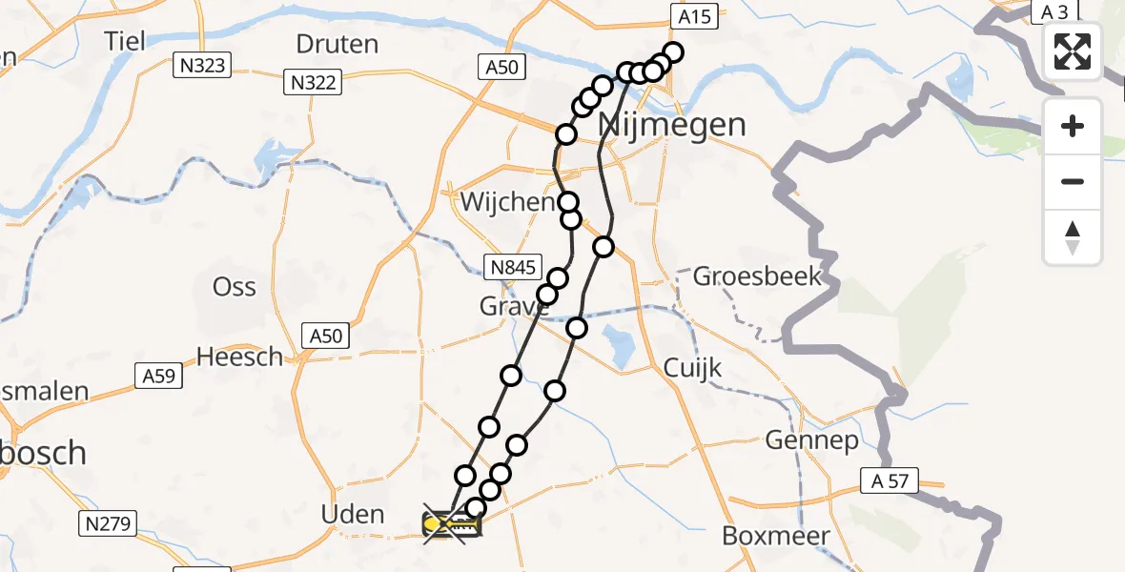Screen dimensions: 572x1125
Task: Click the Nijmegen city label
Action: click(x=672, y=125)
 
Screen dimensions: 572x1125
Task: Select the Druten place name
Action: click(x=337, y=44)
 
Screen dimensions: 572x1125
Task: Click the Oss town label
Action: click(x=234, y=286)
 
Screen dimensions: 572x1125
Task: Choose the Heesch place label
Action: click(x=239, y=357)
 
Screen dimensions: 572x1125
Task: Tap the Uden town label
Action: click(x=354, y=515)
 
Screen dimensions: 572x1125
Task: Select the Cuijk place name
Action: click(x=693, y=369)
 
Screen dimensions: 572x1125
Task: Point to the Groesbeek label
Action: click(x=757, y=276)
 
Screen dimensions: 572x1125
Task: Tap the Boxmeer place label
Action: click(x=775, y=536)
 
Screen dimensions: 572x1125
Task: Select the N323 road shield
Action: click(x=199, y=66)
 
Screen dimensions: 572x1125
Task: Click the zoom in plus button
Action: click(x=1073, y=126)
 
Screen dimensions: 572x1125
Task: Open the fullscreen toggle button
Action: click(x=1073, y=51)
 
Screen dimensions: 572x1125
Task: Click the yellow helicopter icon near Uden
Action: click(x=452, y=524)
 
